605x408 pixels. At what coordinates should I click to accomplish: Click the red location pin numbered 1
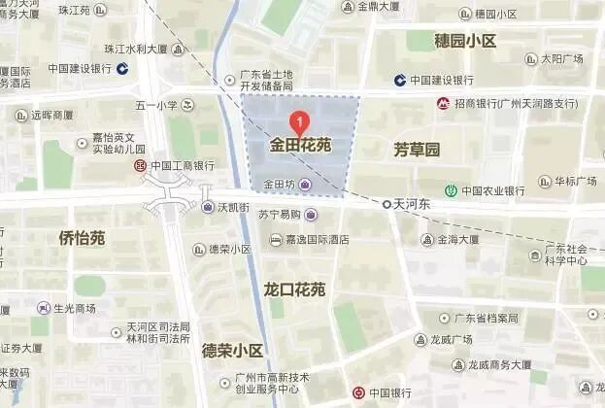(301, 122)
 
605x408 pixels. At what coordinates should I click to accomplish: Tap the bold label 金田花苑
(300, 146)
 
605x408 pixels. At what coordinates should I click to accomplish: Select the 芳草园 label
(417, 150)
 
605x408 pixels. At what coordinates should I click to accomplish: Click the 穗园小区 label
(465, 41)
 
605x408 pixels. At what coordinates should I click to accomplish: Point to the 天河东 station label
(411, 204)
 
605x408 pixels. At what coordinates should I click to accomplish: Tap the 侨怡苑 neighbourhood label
(82, 238)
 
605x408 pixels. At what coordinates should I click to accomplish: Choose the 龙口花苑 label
(294, 289)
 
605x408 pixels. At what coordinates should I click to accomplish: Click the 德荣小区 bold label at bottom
(232, 351)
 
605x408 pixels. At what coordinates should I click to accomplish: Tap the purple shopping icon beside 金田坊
(306, 185)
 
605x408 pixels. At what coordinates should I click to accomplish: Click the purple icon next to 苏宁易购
(311, 215)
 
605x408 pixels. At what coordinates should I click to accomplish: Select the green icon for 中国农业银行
(451, 190)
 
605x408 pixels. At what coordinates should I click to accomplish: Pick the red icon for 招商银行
(443, 103)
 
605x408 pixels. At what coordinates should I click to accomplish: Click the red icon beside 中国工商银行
(140, 166)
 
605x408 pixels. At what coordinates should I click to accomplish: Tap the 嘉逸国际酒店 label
(311, 240)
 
